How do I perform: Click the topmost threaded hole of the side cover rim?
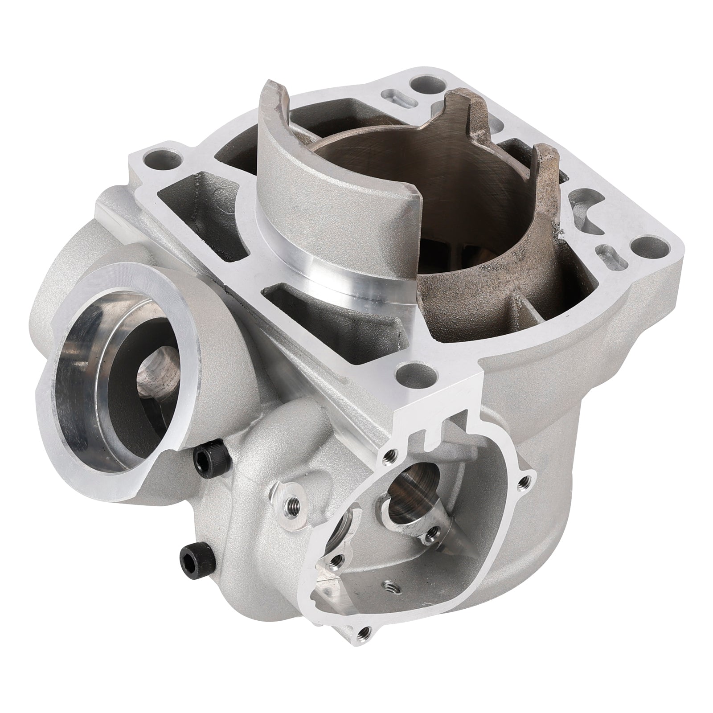pos(390,454)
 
